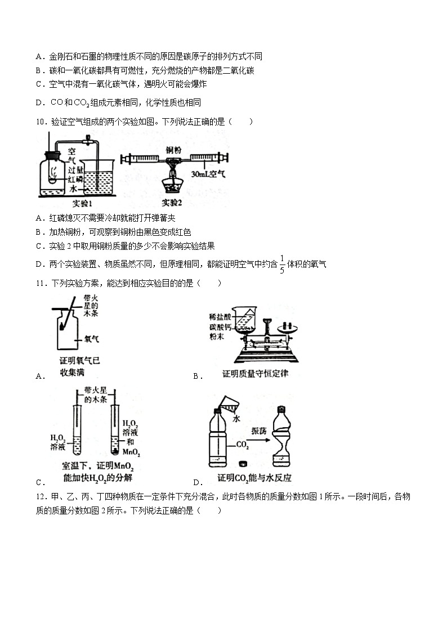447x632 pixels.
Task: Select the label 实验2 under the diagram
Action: [172, 203]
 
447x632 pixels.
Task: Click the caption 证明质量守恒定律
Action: [255, 374]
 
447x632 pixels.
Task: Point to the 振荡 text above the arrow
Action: [259, 431]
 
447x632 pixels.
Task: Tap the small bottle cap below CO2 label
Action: [243, 464]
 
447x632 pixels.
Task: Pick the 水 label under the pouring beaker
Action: [236, 419]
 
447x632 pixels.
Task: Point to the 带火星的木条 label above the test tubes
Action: [96, 395]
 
